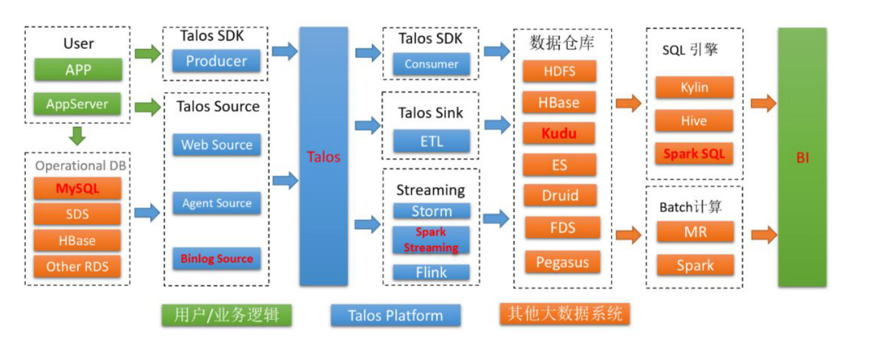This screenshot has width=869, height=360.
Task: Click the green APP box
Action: click(78, 70)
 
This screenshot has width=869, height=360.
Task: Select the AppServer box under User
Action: click(78, 105)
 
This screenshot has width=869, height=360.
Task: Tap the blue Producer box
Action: click(217, 61)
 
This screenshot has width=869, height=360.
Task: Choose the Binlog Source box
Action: click(217, 259)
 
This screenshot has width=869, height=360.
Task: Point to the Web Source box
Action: click(217, 145)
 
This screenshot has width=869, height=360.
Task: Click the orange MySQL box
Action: click(77, 188)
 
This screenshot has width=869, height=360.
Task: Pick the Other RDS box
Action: click(77, 266)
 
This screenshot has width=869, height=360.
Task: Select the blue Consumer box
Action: click(431, 65)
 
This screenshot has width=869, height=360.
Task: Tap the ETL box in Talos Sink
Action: click(431, 141)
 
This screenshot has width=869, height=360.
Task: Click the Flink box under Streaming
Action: click(431, 272)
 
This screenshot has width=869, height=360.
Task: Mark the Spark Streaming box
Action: click(431, 240)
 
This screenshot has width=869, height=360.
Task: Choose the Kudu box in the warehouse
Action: click(559, 133)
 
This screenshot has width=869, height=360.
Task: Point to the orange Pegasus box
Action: click(562, 262)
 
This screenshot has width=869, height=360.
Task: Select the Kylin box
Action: click(694, 88)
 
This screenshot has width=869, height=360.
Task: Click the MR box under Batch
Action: click(695, 232)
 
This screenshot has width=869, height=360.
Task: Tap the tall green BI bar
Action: click(802, 158)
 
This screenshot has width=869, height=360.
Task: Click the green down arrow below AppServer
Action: click(78, 136)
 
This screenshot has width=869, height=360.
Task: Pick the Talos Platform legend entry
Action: click(395, 315)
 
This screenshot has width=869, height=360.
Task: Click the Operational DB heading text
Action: click(79, 166)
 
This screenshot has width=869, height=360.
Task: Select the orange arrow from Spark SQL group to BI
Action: click(764, 104)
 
